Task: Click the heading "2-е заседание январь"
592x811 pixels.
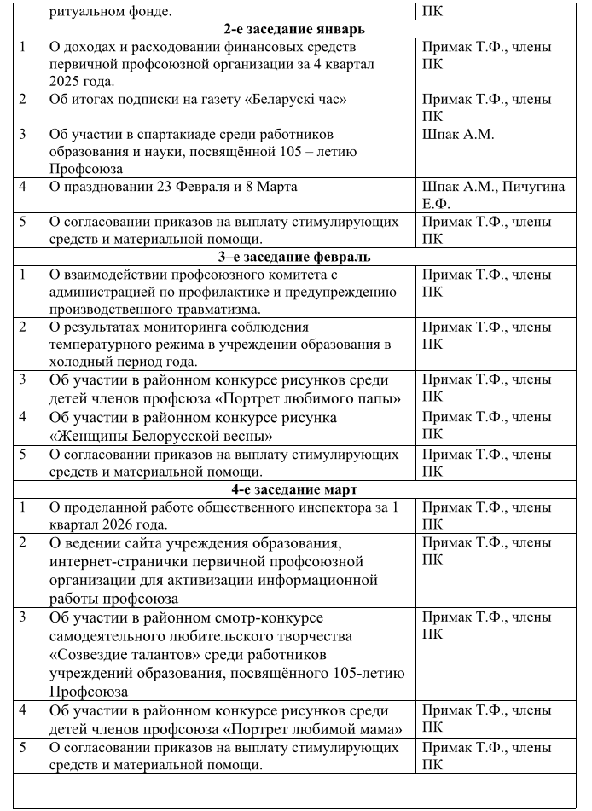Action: (x=297, y=29)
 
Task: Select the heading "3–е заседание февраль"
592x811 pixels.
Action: (x=296, y=256)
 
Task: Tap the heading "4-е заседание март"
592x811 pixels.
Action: (x=296, y=489)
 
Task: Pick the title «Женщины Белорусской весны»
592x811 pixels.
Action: (x=171, y=436)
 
